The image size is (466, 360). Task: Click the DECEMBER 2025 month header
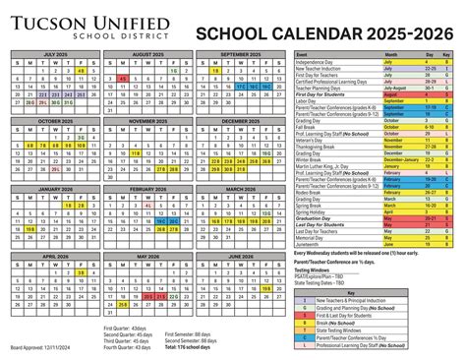[x=240, y=121]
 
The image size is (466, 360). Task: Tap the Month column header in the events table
[x=392, y=55]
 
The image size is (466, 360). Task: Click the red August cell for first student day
[x=392, y=92]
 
